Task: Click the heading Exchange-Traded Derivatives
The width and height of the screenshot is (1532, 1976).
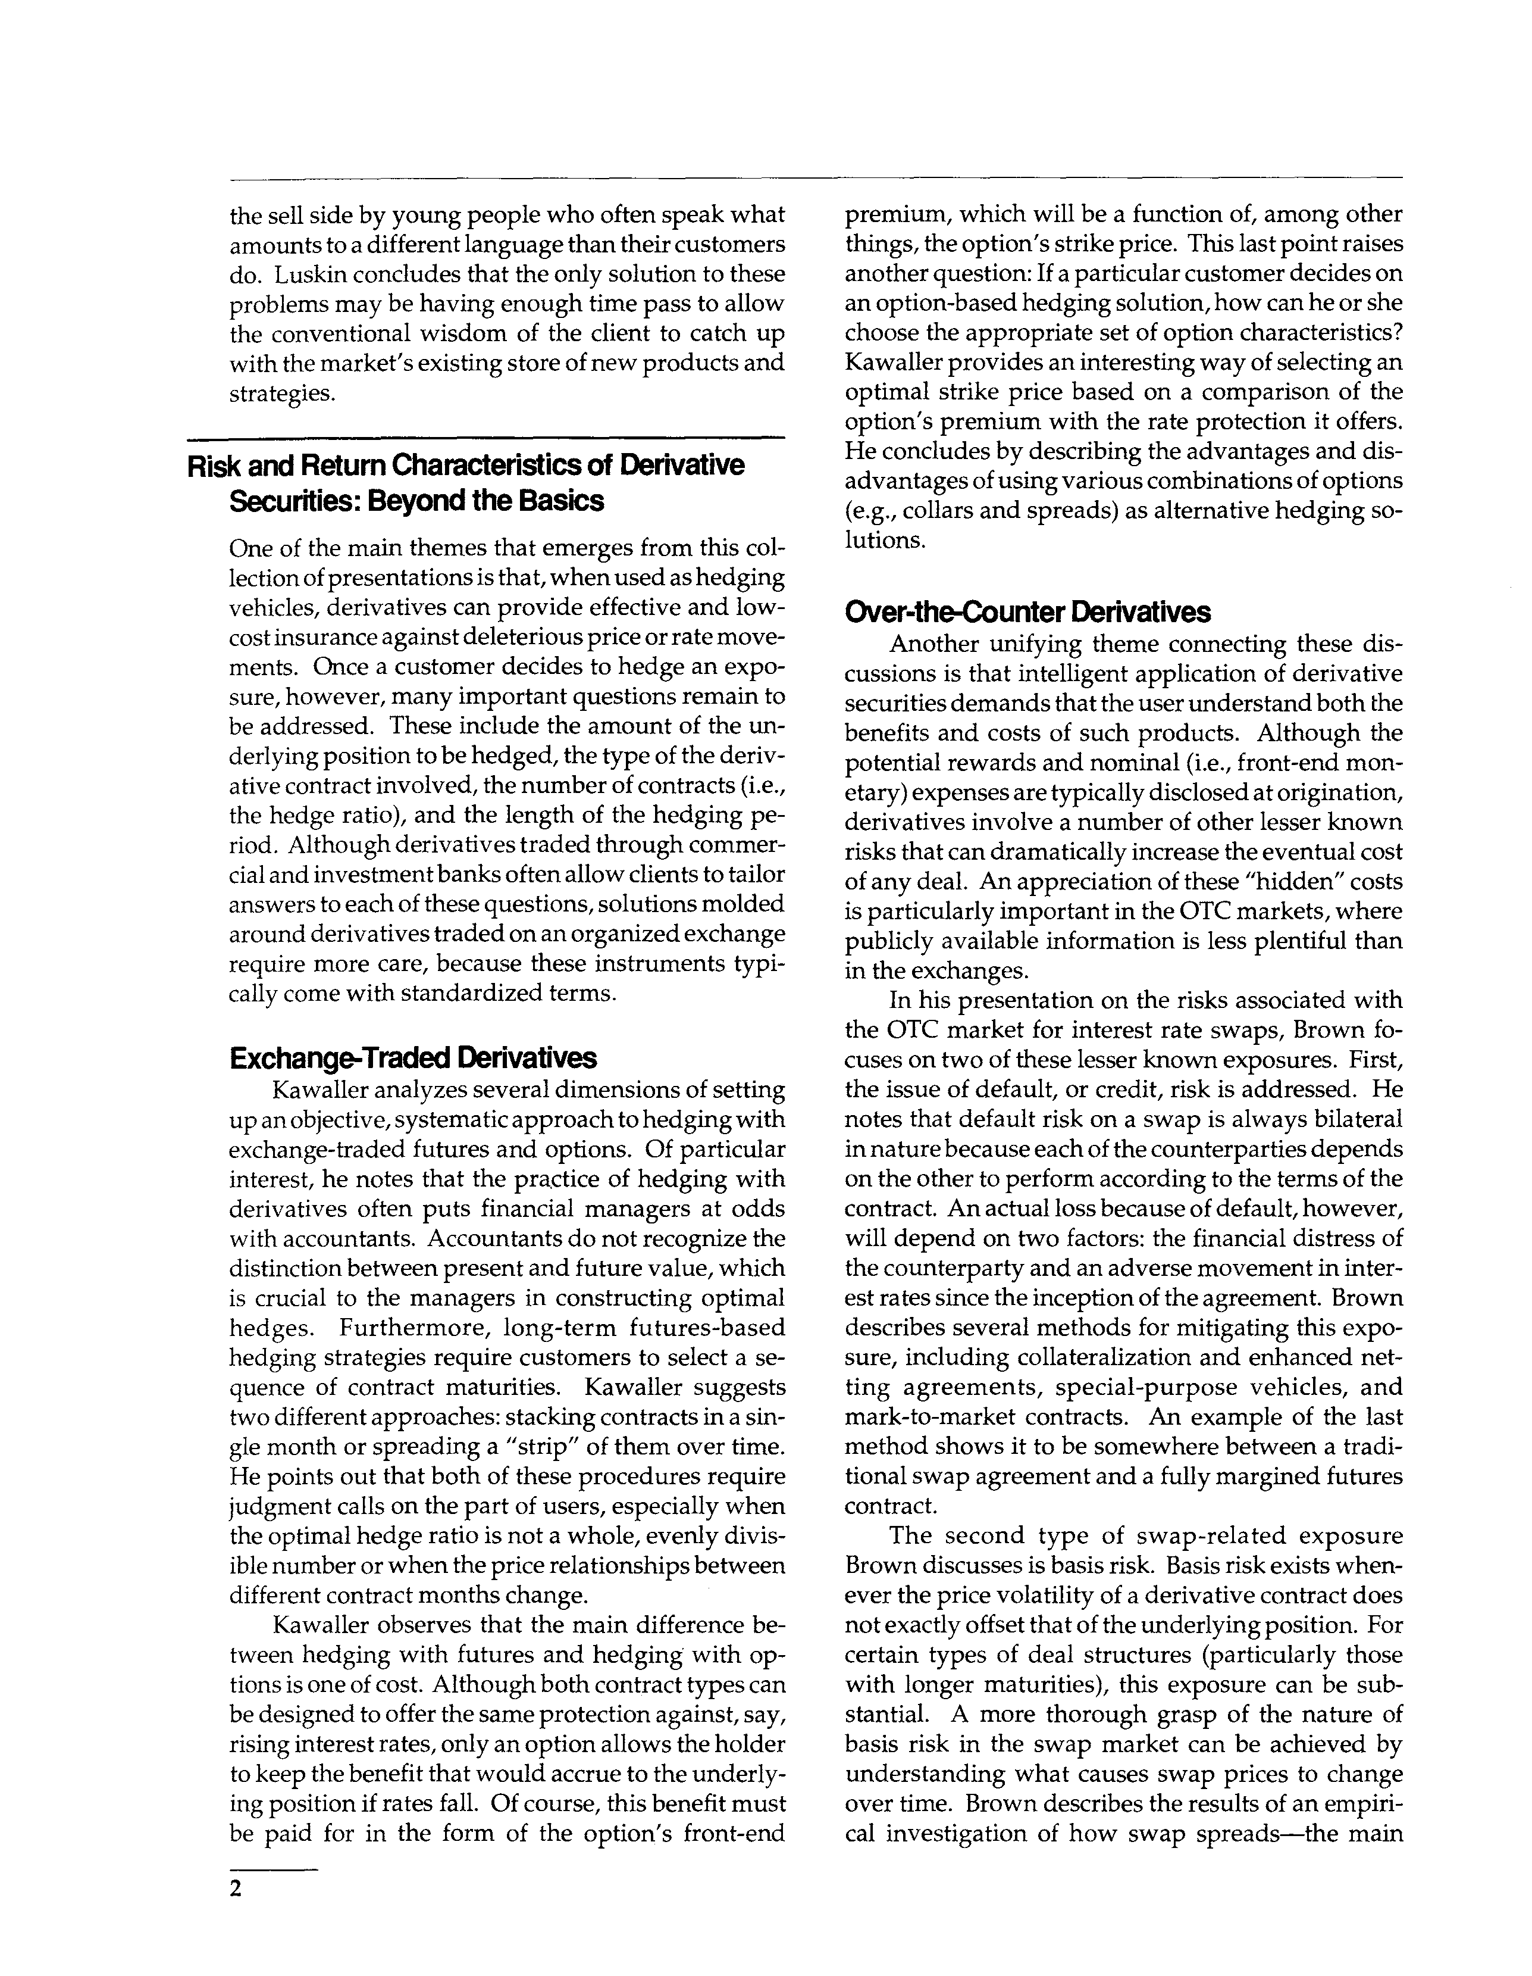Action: (x=413, y=1058)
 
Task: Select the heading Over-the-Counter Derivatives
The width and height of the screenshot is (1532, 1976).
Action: (x=1027, y=613)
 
